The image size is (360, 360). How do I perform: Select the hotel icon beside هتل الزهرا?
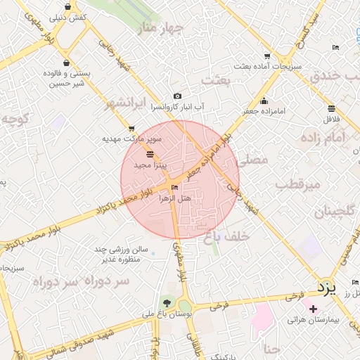[174, 187]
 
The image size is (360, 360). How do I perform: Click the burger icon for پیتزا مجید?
[149, 153]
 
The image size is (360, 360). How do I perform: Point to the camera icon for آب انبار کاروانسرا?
[177, 96]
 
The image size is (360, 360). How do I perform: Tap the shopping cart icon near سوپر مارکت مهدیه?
[132, 128]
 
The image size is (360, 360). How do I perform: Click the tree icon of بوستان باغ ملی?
[166, 302]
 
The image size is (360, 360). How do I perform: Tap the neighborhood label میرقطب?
[297, 185]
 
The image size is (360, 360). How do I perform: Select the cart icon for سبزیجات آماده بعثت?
[267, 56]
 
